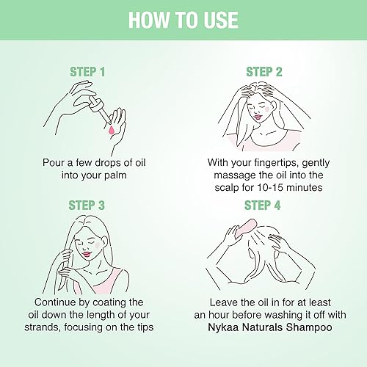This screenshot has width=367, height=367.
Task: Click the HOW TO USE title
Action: [x=183, y=19]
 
